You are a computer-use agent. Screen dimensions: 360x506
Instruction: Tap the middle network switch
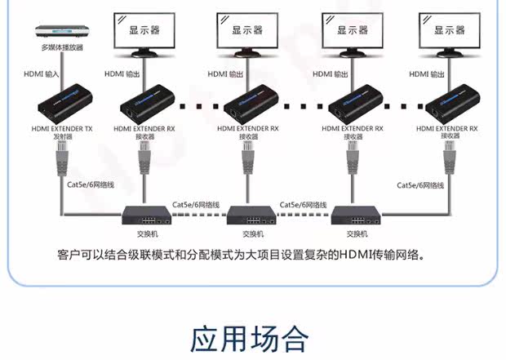[x=251, y=217]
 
